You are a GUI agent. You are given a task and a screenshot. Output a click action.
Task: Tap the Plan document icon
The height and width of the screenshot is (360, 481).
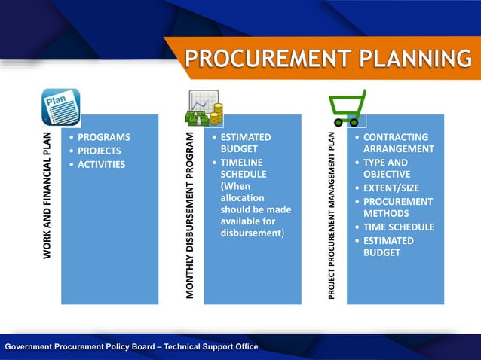tap(60, 107)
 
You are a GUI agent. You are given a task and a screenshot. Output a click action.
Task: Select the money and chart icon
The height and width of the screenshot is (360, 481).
tap(204, 108)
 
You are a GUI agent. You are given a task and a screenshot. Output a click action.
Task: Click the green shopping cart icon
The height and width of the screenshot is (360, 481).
tap(347, 108)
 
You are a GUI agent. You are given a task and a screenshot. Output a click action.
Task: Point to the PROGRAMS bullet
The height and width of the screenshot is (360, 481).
tap(103, 137)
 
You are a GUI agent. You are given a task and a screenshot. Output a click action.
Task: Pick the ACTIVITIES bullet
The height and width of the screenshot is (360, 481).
tap(101, 164)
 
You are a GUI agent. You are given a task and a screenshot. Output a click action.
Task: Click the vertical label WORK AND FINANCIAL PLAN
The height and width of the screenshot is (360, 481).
tap(47, 195)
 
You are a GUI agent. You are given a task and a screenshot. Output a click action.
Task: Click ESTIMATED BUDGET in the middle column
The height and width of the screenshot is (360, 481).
tap(245, 143)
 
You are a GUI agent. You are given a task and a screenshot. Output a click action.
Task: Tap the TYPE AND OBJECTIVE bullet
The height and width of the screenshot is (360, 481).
tap(387, 168)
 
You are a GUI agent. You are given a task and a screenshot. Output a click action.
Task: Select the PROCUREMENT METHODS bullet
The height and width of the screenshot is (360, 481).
tap(397, 207)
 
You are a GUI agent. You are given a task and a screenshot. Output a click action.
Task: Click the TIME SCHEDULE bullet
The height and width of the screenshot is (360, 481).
tap(398, 227)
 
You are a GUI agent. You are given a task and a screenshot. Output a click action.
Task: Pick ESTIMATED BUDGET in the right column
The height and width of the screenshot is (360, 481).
tap(388, 246)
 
